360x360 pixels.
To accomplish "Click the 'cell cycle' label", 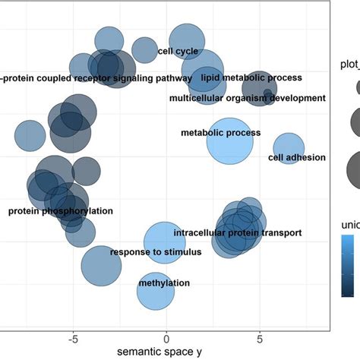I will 178,52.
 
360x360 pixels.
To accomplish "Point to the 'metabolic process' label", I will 220,133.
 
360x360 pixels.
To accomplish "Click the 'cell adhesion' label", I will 297,157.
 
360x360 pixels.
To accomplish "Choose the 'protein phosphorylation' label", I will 60,210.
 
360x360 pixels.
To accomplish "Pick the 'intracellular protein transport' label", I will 237,232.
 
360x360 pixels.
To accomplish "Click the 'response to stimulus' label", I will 156,251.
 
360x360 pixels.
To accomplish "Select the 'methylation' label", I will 164,283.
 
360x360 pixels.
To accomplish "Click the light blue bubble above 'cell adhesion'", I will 288,147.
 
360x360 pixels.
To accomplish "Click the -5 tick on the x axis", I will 72,336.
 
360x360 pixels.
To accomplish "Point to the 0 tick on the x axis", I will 166,336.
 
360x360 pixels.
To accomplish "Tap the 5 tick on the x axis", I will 260,336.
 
